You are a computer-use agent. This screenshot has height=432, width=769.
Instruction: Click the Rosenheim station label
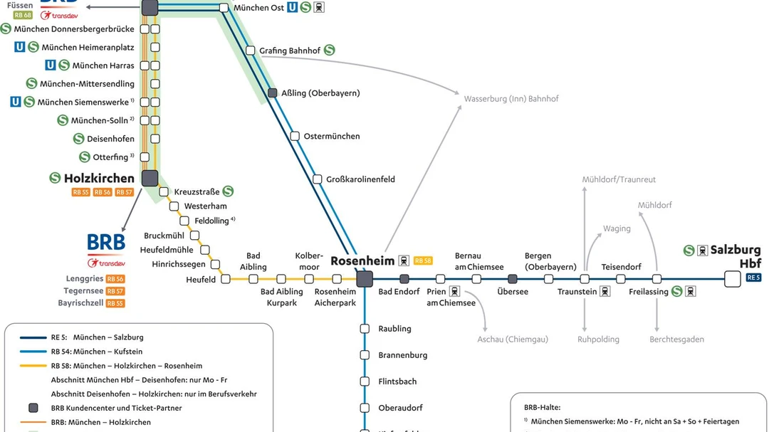362,260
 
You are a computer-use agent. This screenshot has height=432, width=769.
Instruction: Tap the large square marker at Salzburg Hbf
732,279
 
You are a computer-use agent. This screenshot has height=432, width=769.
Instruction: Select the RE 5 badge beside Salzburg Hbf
753,278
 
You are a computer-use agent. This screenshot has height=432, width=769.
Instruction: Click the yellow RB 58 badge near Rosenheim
423,260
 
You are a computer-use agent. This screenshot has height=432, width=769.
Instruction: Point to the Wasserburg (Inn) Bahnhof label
511,99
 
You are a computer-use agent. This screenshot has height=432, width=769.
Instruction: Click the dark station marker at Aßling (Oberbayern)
272,93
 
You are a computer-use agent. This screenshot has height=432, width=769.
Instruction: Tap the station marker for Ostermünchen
295,136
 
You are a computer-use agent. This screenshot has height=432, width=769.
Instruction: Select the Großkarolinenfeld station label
360,179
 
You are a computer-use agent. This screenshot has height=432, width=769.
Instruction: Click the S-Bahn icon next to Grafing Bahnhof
329,51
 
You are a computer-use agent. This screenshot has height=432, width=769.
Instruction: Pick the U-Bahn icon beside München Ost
292,8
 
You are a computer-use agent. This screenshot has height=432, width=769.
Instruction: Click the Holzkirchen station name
99,179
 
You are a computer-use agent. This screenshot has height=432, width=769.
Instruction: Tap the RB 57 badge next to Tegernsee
115,291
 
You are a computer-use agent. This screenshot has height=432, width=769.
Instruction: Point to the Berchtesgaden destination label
676,339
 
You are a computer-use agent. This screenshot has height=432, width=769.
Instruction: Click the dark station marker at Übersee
512,279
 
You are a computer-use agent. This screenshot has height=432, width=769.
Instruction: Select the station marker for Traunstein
585,279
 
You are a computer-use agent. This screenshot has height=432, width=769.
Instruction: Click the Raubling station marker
365,329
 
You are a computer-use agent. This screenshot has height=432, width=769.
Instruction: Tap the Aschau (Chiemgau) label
513,339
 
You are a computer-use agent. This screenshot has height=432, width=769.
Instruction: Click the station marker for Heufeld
226,279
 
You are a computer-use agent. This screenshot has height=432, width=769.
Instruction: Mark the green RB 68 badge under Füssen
23,15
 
